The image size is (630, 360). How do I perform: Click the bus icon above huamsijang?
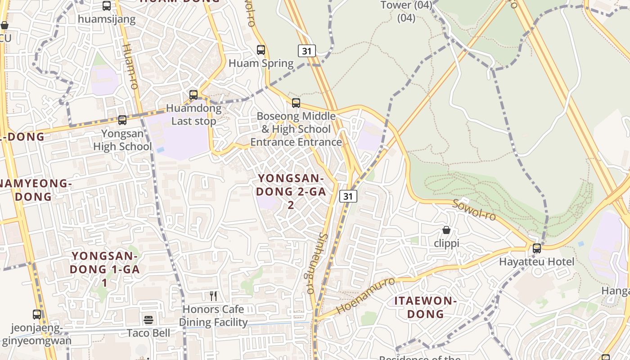pos(107,6)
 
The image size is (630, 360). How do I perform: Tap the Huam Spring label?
pos(261,63)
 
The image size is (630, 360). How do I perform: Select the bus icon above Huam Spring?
pos(261,50)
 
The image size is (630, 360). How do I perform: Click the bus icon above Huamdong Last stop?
pos(193,95)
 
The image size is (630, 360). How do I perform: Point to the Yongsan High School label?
pos(122,140)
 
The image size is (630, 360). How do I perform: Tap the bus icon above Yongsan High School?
pos(122,120)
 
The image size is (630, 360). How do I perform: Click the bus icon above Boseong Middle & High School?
pos(296,103)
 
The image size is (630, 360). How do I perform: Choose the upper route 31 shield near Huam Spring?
pos(307,51)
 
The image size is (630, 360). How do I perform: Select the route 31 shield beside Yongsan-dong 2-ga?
pos(348,196)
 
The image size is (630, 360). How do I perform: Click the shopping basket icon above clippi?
pos(446,230)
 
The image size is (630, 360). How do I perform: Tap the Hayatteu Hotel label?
pos(536,262)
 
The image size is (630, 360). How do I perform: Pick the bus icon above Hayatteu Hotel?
pos(537,248)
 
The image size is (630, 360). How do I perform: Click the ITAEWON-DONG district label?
pos(426,307)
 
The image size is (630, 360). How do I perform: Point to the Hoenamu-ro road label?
pos(365,296)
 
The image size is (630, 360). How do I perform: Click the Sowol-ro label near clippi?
pos(474,210)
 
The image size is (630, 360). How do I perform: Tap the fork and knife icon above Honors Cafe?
pos(213,296)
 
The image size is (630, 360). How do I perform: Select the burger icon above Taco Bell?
pos(148,320)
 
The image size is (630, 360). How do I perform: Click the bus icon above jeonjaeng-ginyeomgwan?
pos(37,315)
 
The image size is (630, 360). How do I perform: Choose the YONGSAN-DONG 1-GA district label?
pos(105,269)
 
